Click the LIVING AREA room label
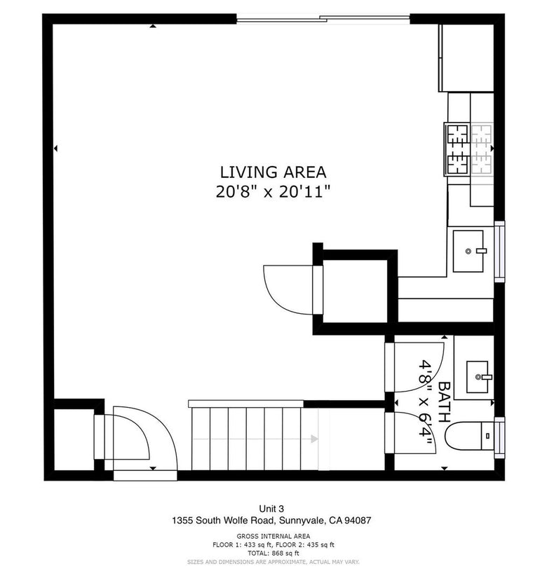point(273,172)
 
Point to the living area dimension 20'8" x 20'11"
point(273,192)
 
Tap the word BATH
point(444,402)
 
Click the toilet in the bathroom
point(469,436)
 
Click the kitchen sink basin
point(468,251)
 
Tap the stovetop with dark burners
point(457,149)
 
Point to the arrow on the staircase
point(314,439)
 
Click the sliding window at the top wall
point(323,19)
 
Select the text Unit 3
point(271,509)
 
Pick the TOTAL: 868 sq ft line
point(273,553)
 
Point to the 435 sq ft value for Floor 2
point(320,544)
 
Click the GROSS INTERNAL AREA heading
point(273,536)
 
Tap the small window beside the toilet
point(499,438)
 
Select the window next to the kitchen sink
point(499,252)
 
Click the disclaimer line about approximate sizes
point(273,562)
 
